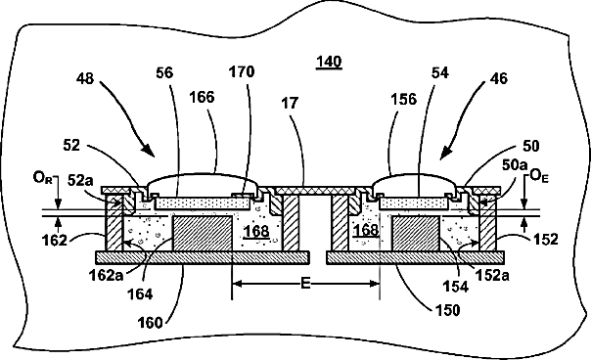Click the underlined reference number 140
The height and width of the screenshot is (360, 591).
click(329, 62)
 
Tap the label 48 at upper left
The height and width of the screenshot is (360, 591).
click(85, 79)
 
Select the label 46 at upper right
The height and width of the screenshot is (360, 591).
click(499, 78)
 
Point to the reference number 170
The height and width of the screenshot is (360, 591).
click(242, 71)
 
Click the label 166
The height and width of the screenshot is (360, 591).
click(202, 97)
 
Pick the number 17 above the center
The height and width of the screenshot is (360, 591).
click(290, 103)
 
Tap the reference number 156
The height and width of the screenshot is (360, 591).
click(404, 100)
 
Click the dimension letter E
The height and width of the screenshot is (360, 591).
click(305, 283)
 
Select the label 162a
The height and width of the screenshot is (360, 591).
click(106, 276)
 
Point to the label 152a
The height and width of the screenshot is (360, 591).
click(492, 276)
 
